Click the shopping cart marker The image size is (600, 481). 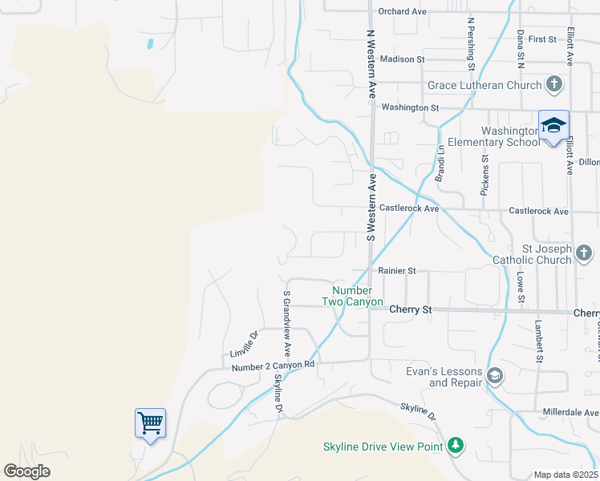tap(151, 422)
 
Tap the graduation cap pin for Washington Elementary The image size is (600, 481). tap(553, 126)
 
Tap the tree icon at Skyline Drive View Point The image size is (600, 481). tap(456, 445)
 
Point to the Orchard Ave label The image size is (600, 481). tap(403, 12)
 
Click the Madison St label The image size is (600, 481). tap(403, 59)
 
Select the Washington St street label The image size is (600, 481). tap(411, 107)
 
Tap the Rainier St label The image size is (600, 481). tap(397, 271)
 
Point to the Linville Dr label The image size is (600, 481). tap(244, 345)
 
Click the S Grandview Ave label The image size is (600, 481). tap(286, 324)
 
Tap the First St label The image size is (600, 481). tap(542, 39)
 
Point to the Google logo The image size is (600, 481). tap(27, 471)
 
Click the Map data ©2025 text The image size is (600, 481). tap(565, 475)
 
